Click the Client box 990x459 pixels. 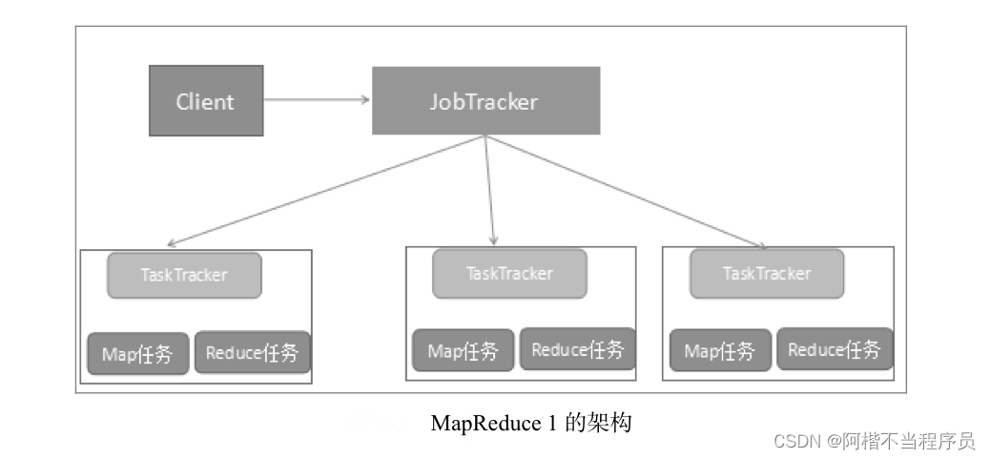click(x=205, y=100)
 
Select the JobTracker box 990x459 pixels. click(x=485, y=100)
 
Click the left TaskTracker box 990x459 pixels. click(x=184, y=275)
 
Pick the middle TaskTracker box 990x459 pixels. click(x=509, y=273)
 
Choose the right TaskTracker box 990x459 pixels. click(x=767, y=273)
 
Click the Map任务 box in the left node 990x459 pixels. click(x=138, y=354)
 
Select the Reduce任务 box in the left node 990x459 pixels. click(x=253, y=353)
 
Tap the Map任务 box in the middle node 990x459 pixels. click(x=464, y=350)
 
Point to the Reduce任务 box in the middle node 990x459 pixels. click(x=577, y=349)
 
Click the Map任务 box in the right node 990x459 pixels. click(x=720, y=350)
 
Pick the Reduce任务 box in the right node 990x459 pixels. click(x=835, y=349)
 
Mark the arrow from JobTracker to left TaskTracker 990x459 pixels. click(x=324, y=191)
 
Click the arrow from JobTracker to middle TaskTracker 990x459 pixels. click(x=490, y=191)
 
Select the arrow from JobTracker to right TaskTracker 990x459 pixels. click(x=625, y=191)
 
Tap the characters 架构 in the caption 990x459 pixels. click(x=611, y=423)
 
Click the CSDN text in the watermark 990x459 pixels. click(x=796, y=441)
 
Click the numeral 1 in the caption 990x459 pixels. click(x=552, y=423)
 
